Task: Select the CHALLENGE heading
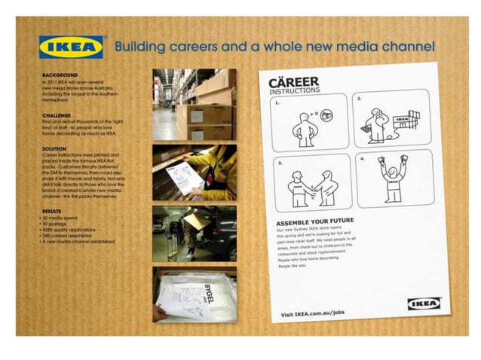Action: (57, 115)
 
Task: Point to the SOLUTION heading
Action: (55, 149)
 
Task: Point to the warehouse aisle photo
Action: (194, 104)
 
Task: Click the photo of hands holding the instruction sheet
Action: (194, 172)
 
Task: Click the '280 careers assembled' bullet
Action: (66, 236)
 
